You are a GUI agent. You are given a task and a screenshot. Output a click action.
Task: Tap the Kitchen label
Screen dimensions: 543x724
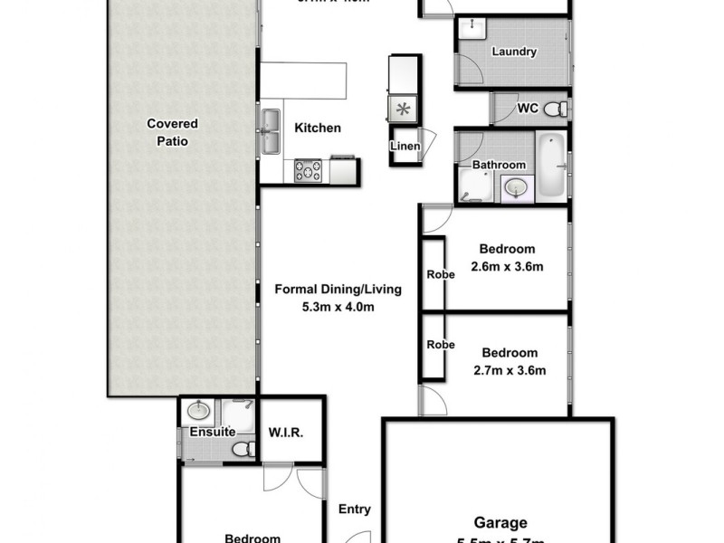(318, 129)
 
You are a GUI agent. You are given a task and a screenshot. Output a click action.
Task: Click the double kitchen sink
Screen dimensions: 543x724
(271, 132)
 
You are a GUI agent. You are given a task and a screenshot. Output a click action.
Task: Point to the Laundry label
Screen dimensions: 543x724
(514, 52)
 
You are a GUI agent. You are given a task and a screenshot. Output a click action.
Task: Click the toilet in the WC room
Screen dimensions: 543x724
(560, 110)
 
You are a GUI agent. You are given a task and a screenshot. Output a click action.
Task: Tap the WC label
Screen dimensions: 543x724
(529, 109)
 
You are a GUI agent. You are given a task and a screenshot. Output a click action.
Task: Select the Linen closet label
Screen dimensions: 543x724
(405, 147)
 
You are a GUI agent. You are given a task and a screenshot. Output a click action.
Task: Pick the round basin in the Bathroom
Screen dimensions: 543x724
(515, 187)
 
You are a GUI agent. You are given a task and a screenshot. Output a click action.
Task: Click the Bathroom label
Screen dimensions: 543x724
(499, 165)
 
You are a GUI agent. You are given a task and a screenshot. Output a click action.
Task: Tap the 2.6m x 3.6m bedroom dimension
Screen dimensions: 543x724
(507, 266)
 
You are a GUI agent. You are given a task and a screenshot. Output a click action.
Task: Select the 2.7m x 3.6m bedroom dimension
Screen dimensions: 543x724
(509, 369)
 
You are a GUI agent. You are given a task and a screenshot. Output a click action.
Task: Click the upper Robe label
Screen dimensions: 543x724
(441, 274)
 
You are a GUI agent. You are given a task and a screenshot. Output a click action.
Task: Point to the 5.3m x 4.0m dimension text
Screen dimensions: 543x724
(338, 307)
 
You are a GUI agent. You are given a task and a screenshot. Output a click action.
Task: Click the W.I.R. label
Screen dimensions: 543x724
(284, 432)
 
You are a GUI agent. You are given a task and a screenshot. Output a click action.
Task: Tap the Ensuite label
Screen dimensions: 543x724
(213, 432)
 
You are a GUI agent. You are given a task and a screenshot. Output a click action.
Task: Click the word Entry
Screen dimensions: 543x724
(355, 510)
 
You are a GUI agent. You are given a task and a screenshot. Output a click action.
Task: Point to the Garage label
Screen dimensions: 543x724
(500, 522)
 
